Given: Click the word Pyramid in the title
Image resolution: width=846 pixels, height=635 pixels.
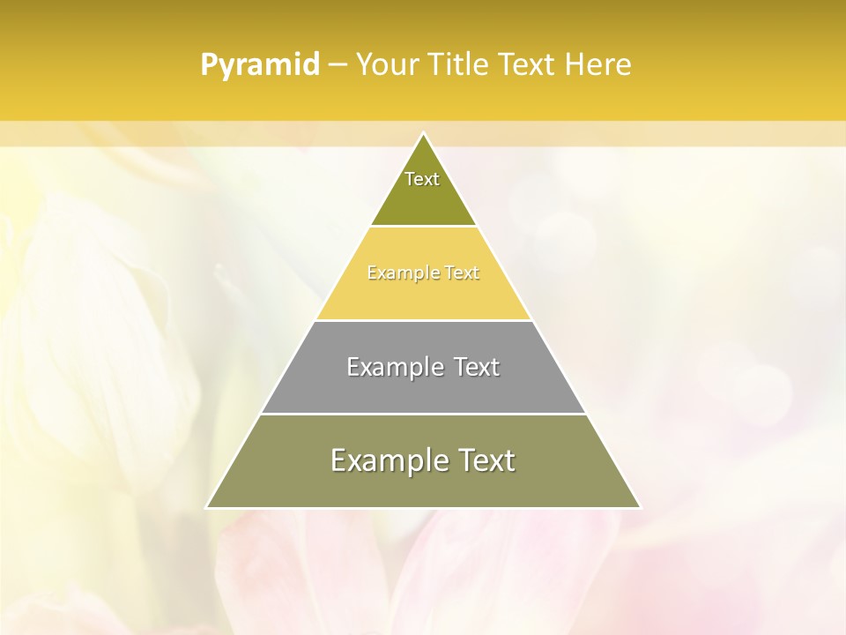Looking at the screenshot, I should click(x=260, y=65).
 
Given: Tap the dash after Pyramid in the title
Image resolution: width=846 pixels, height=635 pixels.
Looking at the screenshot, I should click(x=338, y=65).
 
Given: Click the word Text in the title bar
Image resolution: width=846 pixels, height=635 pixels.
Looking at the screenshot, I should click(x=527, y=65).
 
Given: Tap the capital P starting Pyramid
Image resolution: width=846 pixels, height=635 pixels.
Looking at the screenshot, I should click(x=209, y=65).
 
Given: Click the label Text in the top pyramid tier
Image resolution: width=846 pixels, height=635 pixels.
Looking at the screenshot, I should click(x=422, y=179).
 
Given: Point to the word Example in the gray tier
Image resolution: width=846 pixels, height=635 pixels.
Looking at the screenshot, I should click(x=388, y=367).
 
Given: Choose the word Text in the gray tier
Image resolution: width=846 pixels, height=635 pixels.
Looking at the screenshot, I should click(x=477, y=367).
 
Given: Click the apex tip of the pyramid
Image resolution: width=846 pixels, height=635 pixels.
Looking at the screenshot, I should click(x=423, y=133).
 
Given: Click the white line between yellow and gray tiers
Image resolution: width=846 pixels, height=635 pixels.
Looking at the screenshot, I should click(x=423, y=320).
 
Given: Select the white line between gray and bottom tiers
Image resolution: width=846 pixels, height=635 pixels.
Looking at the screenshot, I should click(x=423, y=414).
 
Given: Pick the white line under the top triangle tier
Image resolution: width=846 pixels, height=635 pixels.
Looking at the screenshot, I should click(x=423, y=226).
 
